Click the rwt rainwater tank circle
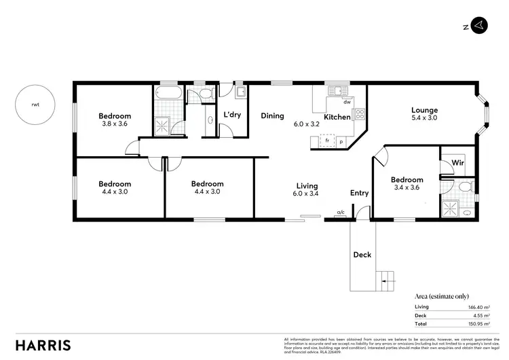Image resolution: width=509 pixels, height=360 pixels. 35,105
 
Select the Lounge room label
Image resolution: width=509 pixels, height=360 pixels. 424,110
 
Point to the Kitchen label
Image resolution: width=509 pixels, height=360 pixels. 337,118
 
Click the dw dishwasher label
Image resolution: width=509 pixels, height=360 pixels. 346,103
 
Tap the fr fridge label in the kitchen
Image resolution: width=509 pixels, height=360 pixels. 327,141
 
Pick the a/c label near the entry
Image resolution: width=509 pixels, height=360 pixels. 341,213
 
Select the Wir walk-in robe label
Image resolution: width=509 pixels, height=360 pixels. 457,163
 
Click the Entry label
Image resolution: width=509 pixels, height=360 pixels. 359,193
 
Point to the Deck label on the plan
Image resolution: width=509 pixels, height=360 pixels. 362,255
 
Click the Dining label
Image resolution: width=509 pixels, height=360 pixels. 272,115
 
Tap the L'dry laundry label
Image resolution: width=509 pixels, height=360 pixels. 232,115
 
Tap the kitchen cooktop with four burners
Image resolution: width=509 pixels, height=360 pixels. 360,113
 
